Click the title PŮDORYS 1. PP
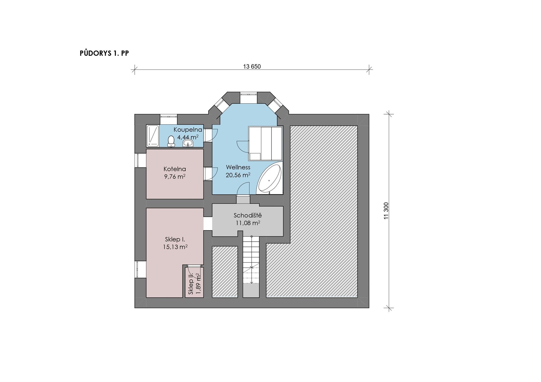click(x=104, y=53)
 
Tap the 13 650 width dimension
click(x=252, y=67)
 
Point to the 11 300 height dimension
click(x=386, y=211)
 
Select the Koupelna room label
click(x=188, y=130)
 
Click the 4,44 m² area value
click(x=188, y=137)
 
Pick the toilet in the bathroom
click(x=171, y=141)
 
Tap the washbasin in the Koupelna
click(x=188, y=144)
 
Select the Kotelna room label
click(x=175, y=169)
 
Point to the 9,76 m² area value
click(x=175, y=177)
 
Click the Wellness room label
click(x=238, y=167)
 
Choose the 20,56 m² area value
click(x=238, y=175)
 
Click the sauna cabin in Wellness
click(x=265, y=143)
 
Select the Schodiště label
click(x=248, y=215)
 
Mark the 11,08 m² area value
click(x=248, y=223)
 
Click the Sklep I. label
click(x=175, y=239)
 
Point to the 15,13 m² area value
click(x=175, y=247)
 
